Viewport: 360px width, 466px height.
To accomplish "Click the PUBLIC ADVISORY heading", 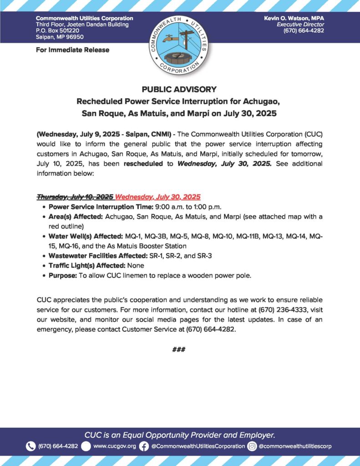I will pyautogui.click(x=179, y=89).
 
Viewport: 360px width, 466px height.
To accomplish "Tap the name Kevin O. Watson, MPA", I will pyautogui.click(x=293, y=18).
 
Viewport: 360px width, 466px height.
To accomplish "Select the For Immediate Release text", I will pyautogui.click(x=72, y=50).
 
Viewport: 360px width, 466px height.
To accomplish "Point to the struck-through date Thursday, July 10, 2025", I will pyautogui.click(x=75, y=197).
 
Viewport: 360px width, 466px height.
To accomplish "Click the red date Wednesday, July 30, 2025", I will pyautogui.click(x=157, y=197).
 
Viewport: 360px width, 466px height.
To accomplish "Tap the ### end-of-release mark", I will pyautogui.click(x=179, y=349).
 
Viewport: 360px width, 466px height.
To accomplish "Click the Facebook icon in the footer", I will pyautogui.click(x=144, y=446).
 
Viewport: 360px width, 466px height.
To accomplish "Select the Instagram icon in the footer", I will pyautogui.click(x=252, y=446).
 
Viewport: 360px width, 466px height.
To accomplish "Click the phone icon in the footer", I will pyautogui.click(x=30, y=446).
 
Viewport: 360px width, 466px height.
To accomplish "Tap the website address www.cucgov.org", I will pyautogui.click(x=114, y=446).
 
